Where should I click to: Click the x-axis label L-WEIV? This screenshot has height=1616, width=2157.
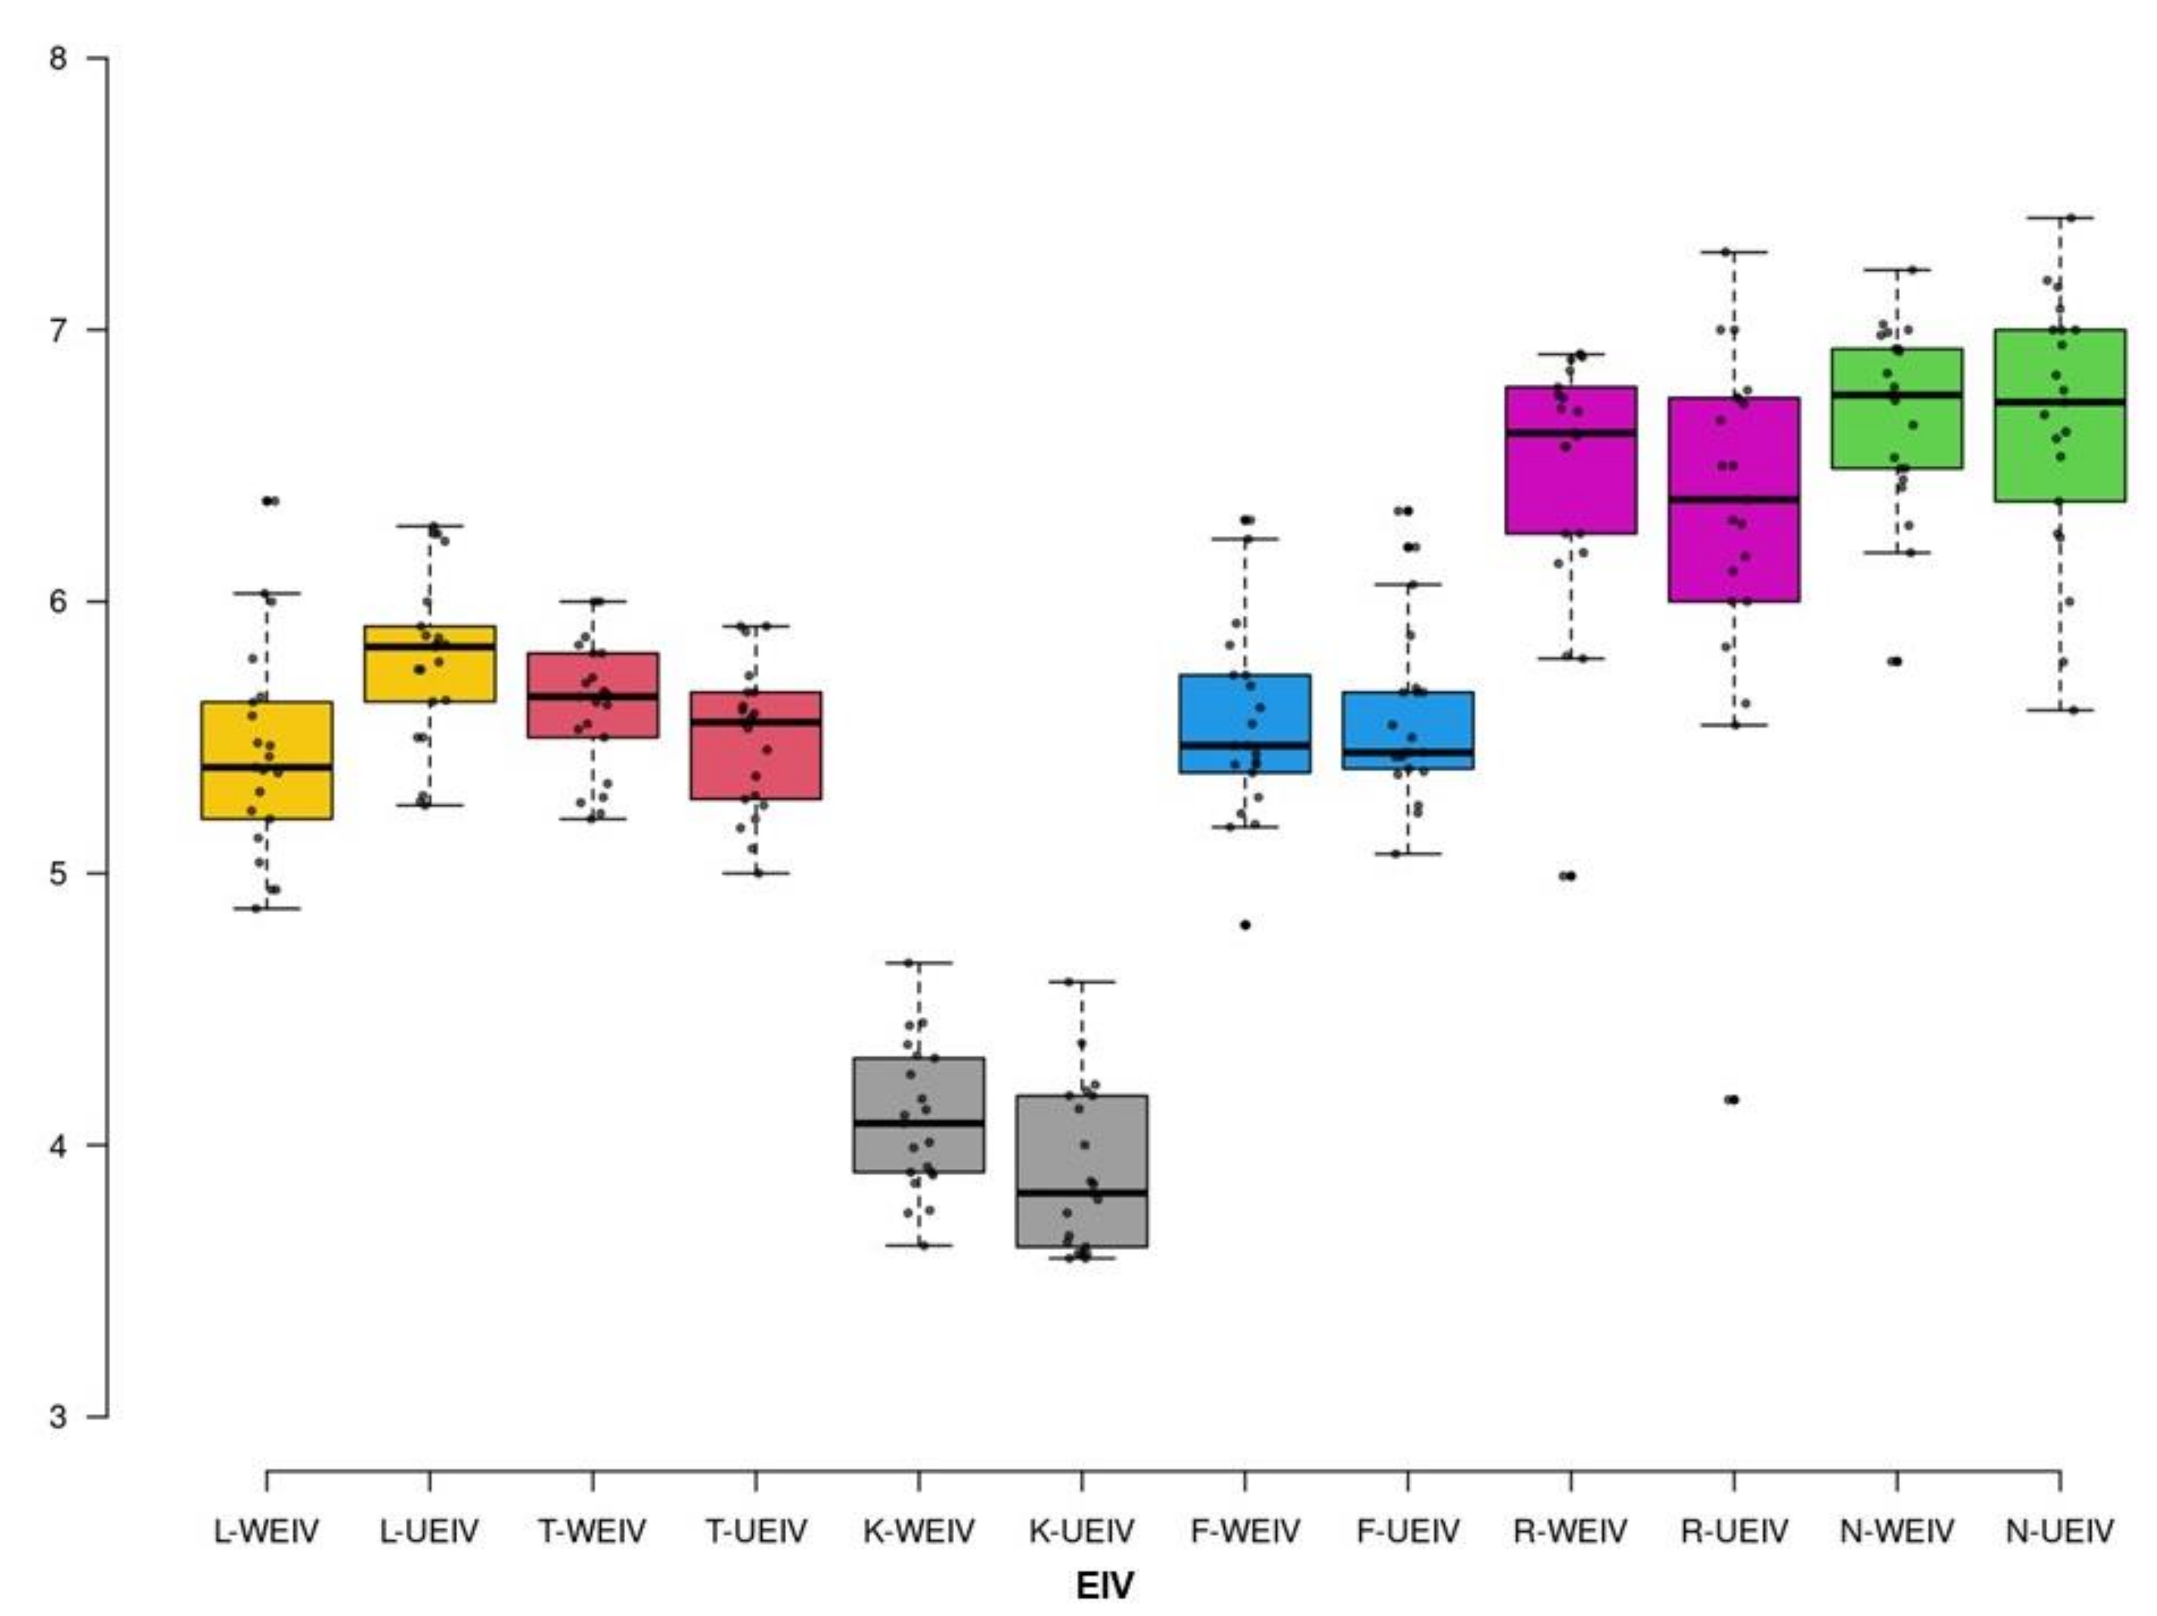coord(266,1531)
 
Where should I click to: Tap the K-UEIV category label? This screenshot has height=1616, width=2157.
coord(1082,1531)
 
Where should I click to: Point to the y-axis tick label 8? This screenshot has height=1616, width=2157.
coord(58,58)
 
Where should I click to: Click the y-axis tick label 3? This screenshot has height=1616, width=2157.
coord(58,1415)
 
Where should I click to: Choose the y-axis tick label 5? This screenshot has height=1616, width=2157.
coord(58,873)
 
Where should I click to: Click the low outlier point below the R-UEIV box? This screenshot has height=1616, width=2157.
coord(1733,1100)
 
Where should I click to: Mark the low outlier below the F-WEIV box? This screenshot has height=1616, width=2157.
coord(1245,925)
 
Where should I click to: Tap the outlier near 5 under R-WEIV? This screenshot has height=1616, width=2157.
coord(1569,876)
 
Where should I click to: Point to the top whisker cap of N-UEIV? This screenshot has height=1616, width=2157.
coord(2060,217)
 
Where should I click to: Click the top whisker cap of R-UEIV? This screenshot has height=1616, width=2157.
coord(1734,251)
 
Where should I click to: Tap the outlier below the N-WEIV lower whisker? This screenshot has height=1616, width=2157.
coord(1895,661)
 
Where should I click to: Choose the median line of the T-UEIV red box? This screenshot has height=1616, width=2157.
coord(756,721)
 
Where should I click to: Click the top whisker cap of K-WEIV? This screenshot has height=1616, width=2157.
coord(918,963)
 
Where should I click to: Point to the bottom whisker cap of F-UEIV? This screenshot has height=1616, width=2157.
coord(1407,854)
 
